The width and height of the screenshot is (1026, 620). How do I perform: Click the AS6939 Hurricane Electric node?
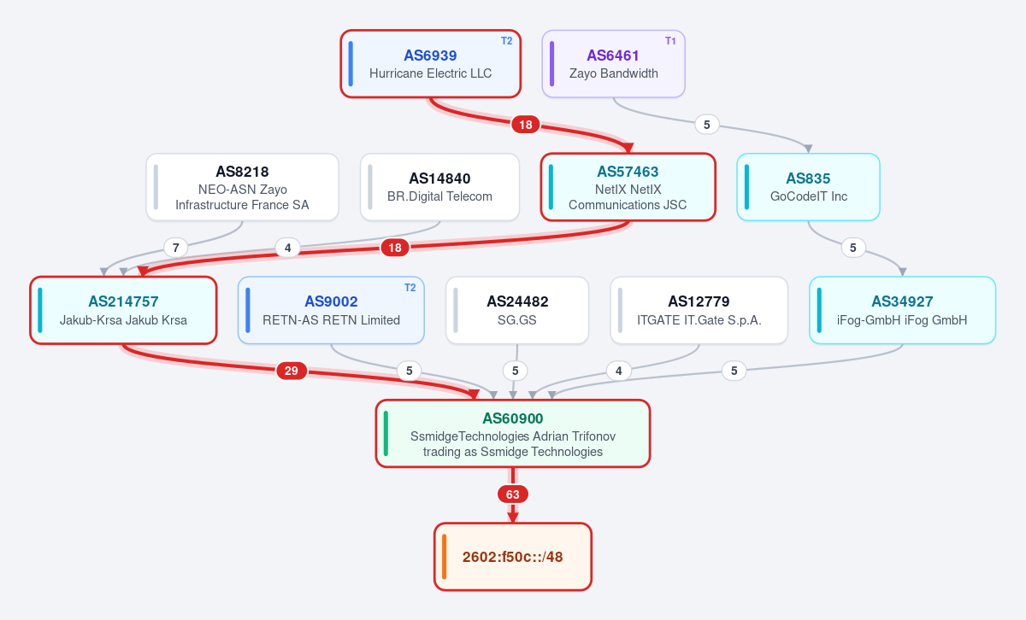coord(431,64)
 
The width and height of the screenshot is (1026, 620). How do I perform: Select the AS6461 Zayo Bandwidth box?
coord(613,64)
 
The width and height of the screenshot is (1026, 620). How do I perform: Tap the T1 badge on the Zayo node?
coord(670,41)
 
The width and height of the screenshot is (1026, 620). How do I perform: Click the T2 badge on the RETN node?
coord(410,288)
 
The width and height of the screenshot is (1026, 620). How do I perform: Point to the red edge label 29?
coord(292,371)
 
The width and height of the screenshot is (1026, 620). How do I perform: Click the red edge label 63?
coord(512,494)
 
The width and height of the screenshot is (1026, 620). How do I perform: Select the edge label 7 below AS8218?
coord(176,248)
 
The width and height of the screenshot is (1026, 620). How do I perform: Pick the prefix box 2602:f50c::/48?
coord(512,557)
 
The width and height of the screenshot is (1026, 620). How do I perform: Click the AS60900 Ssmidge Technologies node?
coord(512,434)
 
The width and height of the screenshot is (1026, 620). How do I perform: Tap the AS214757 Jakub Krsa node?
coord(123,310)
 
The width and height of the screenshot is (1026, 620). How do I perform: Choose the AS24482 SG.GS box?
coord(517,310)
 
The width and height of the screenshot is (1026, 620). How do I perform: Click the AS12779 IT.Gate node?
coord(699,310)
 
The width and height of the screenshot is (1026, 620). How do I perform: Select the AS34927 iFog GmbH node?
coord(902,310)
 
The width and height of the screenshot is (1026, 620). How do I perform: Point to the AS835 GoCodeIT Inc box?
coord(809,187)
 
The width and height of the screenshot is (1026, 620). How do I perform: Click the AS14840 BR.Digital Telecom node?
coord(439,187)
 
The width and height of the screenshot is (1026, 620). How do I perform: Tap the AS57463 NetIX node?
coord(628,187)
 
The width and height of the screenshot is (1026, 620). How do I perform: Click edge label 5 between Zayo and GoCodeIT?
coord(707,125)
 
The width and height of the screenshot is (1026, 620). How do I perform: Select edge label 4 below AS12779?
coord(619,371)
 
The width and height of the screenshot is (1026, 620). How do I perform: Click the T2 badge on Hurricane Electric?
coord(506,41)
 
